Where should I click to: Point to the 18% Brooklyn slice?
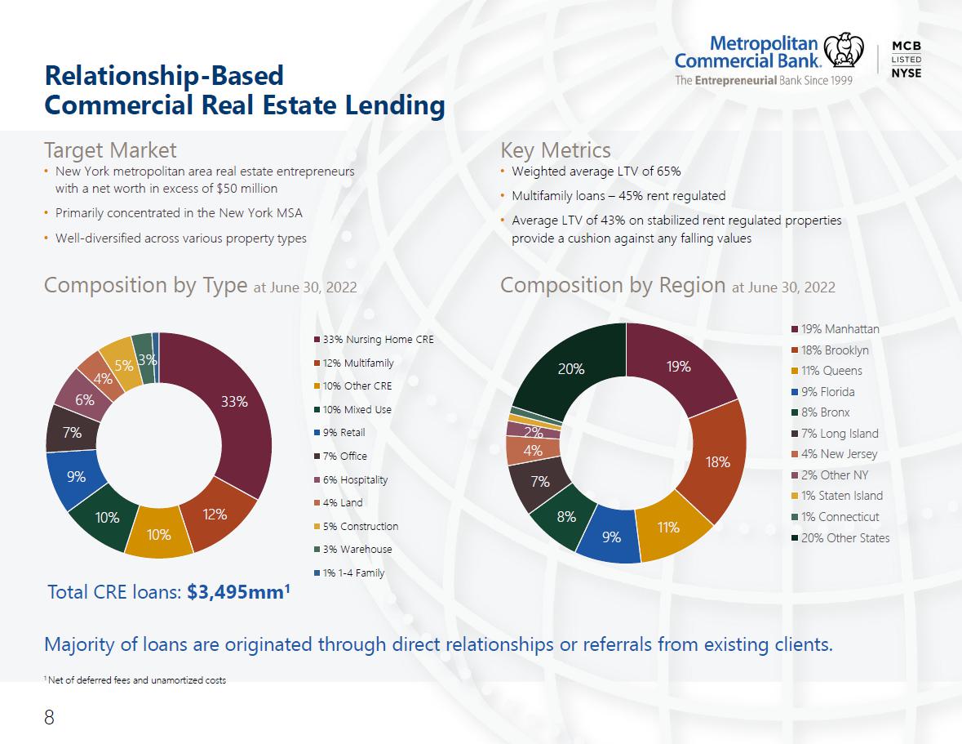pyautogui.click(x=716, y=461)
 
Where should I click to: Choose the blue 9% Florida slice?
pyautogui.click(x=610, y=536)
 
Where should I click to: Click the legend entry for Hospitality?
pyautogui.click(x=351, y=480)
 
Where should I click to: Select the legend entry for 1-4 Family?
pyautogui.click(x=350, y=573)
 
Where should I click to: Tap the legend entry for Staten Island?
pyautogui.click(x=837, y=496)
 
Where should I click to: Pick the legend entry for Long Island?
pyautogui.click(x=835, y=434)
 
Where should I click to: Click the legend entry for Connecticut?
pyautogui.click(x=836, y=517)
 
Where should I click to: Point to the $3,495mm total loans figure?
pyautogui.click(x=238, y=592)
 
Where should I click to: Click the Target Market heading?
pyautogui.click(x=110, y=150)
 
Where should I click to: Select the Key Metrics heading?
pyautogui.click(x=555, y=150)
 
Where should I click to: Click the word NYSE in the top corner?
pyautogui.click(x=907, y=73)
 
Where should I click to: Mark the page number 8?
pyautogui.click(x=49, y=717)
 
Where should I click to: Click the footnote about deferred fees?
pyautogui.click(x=135, y=680)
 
